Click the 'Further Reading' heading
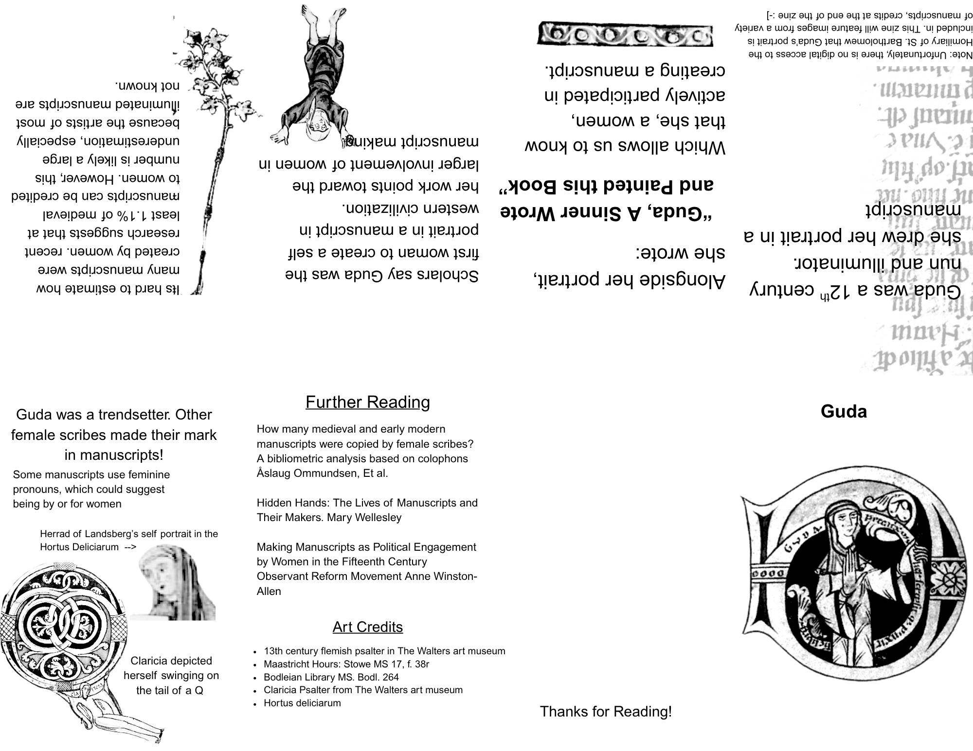coord(368,402)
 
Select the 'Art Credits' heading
coord(368,627)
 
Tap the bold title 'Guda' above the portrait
coord(844,412)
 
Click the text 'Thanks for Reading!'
coord(606,712)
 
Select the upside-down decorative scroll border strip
coord(625,35)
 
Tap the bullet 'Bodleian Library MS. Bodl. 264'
coord(331,677)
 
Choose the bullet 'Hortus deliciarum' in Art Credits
coord(302,703)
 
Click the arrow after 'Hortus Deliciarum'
coord(130,547)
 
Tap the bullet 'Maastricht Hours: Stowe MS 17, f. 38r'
coord(346,664)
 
